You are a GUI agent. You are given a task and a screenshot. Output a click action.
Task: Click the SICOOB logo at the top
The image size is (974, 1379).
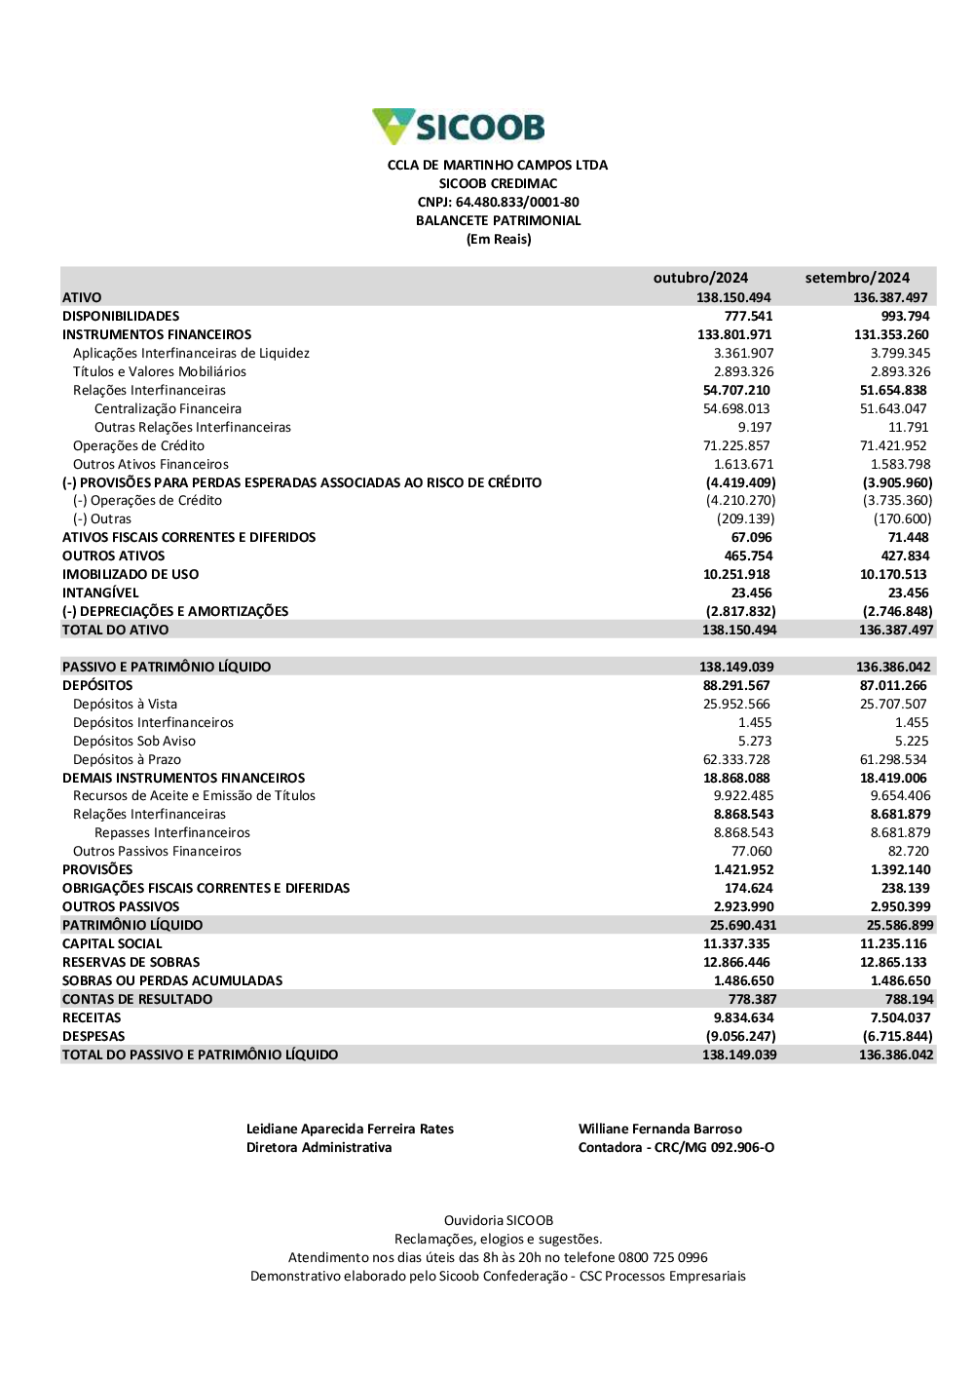459,127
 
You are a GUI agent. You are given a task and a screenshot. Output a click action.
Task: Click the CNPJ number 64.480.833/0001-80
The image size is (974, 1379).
516,202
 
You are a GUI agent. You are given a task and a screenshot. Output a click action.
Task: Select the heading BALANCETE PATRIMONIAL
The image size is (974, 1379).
498,220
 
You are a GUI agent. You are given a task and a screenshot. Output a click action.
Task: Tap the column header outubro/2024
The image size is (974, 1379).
700,278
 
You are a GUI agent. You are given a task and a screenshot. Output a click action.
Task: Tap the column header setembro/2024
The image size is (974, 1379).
857,278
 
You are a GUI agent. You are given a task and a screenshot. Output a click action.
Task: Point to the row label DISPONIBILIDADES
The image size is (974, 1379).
121,316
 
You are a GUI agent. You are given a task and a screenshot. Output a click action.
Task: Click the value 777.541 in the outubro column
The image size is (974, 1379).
748,316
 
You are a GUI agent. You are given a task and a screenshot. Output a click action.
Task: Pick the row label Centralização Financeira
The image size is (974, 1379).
168,408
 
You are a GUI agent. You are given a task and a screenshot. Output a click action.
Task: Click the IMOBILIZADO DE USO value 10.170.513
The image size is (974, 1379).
893,574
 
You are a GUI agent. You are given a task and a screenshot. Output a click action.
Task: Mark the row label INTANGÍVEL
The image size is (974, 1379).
100,593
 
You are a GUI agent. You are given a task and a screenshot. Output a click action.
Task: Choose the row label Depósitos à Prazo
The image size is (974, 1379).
127,759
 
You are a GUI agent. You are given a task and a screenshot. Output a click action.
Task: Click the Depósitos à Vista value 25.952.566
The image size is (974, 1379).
736,704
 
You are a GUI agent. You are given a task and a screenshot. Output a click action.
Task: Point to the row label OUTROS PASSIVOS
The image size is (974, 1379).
121,906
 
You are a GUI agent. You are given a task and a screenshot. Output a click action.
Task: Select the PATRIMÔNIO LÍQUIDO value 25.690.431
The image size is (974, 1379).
743,925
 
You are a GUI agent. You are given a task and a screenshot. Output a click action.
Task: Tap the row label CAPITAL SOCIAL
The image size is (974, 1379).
112,943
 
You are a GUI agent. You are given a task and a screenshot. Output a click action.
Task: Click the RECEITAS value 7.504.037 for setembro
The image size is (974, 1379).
900,1017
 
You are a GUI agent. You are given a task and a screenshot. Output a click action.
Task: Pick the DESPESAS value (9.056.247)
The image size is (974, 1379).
740,1036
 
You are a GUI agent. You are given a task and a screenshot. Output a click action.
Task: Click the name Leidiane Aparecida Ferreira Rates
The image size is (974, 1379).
350,1129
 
